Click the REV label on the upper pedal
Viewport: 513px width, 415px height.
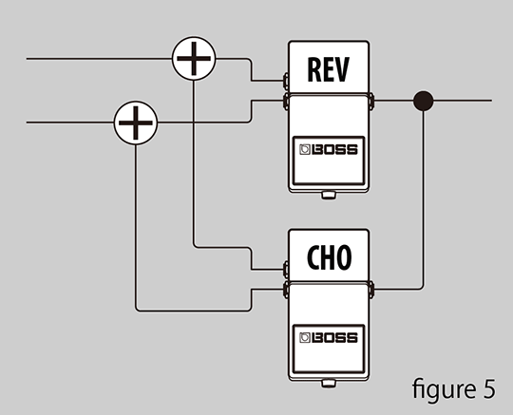[329, 69]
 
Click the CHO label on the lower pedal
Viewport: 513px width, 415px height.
[329, 257]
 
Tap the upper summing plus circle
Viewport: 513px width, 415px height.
[194, 59]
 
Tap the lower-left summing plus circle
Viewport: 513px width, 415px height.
[136, 123]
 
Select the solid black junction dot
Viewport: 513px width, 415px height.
[424, 101]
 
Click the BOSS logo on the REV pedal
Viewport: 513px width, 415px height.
[329, 149]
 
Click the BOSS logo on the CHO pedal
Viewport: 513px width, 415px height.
[329, 338]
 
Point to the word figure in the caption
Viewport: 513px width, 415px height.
[444, 388]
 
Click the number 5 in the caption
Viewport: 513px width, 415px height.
[489, 389]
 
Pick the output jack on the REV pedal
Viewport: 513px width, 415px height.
[371, 101]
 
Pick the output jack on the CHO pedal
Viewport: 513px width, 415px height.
[371, 290]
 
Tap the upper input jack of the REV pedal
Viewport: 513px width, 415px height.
[286, 81]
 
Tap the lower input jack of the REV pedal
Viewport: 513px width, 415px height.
[286, 101]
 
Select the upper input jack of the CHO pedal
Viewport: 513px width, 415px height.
[286, 269]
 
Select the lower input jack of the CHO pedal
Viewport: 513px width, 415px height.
[286, 290]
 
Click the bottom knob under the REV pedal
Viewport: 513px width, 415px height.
[329, 196]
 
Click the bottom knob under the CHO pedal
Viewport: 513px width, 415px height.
[329, 384]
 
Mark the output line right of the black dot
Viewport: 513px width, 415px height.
[463, 101]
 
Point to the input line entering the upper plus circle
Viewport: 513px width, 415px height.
[99, 59]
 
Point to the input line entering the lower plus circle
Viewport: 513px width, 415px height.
[70, 123]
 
